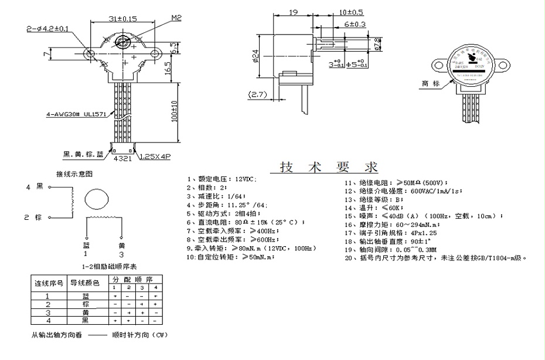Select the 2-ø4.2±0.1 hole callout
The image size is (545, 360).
tap(49, 28)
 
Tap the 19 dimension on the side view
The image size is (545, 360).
tap(294, 11)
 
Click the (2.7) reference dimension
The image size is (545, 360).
tap(258, 94)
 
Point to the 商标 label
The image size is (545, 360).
tap(430, 83)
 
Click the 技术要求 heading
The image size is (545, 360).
tap(329, 167)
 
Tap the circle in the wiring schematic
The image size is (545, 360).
tap(97, 200)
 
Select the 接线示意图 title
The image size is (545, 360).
tap(74, 174)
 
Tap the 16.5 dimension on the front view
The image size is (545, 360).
tap(168, 67)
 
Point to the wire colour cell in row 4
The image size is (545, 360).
tap(86, 321)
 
